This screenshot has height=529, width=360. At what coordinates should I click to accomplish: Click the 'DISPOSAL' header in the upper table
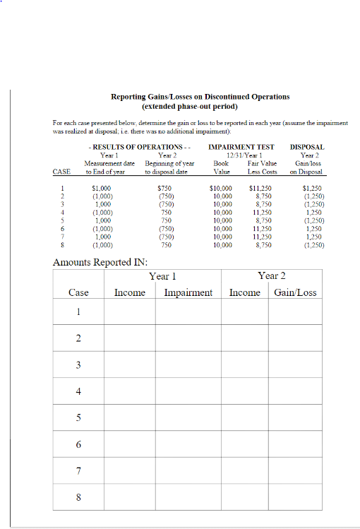(307, 148)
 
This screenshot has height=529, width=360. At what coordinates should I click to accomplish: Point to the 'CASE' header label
(61, 172)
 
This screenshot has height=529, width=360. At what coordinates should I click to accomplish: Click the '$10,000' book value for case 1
(222, 188)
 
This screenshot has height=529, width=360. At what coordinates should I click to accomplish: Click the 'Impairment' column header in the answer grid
(188, 292)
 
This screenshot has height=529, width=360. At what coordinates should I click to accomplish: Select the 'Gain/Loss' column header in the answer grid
(295, 292)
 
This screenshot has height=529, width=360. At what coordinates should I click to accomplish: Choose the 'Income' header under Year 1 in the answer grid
(129, 292)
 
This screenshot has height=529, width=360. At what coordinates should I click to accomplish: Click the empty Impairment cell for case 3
(188, 364)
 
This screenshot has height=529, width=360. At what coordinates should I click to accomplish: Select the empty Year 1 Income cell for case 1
(129, 312)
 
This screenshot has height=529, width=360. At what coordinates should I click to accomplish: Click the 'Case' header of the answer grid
(78, 292)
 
